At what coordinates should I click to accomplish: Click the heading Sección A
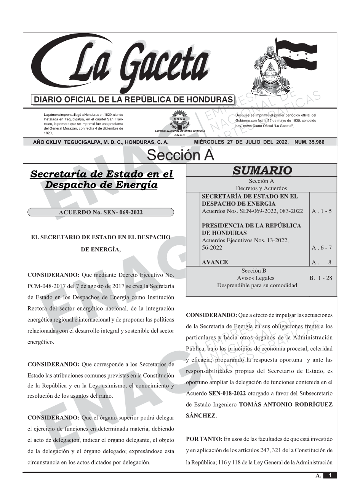pos(180,155)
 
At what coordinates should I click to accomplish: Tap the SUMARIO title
pos(262,171)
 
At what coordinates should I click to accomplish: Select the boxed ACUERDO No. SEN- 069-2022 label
pos(101,212)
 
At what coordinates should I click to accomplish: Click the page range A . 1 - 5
pos(322,211)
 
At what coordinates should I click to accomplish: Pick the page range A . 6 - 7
pos(322,248)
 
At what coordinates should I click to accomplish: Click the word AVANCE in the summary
pos(215,262)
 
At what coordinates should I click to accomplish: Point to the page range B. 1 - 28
pos(321,278)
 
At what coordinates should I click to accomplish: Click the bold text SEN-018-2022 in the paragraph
pos(227,393)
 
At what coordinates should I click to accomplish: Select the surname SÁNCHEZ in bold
pos(201,416)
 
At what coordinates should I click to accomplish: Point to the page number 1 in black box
pos(330,475)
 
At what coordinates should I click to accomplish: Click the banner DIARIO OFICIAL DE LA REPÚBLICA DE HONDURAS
pos(133,100)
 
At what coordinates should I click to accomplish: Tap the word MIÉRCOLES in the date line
pos(209,142)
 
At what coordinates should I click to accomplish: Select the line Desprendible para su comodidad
pos(257,285)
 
